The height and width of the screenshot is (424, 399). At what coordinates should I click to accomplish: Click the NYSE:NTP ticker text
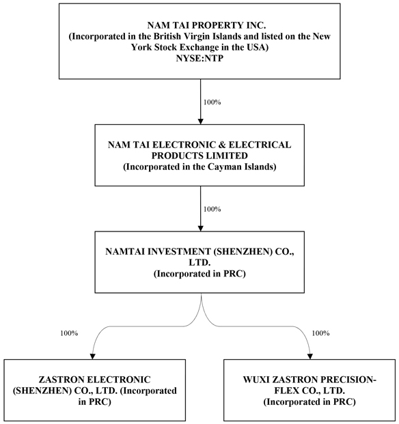199,59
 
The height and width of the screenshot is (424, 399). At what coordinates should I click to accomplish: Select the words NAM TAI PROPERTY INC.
206,25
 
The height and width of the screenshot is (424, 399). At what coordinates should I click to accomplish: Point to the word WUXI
256,380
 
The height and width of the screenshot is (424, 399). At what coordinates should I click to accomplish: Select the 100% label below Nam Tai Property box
212,102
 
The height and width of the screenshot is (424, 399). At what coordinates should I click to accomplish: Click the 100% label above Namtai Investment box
212,210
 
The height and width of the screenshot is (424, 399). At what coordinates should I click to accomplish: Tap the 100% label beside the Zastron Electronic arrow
69,333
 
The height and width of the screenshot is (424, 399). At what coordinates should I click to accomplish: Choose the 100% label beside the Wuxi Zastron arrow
321,333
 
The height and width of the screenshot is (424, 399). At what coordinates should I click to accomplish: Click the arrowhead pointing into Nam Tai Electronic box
200,121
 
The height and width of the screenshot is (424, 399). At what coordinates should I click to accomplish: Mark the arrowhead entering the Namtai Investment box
200,228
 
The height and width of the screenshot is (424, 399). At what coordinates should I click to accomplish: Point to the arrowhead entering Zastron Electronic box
92,356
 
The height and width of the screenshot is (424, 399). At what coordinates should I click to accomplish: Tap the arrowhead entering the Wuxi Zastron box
310,356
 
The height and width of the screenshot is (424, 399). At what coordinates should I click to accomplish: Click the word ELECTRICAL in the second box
260,145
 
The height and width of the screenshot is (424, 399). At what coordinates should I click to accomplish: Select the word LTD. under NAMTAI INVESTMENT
199,263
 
